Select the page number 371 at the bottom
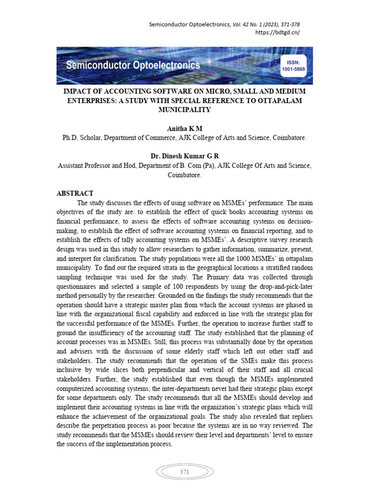pos(185,472)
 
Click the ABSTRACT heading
pos(75,193)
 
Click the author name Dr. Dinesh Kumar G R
pos(185,156)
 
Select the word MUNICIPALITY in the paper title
pos(185,110)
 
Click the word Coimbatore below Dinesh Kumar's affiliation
pos(185,175)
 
